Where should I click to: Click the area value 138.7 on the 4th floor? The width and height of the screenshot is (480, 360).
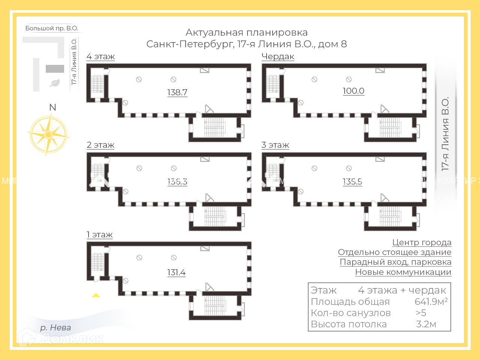point(177,92)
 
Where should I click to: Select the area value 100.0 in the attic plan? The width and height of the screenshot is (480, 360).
point(353,91)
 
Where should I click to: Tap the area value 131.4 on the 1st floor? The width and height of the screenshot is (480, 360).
point(176,273)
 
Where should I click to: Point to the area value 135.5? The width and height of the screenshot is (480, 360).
point(352,181)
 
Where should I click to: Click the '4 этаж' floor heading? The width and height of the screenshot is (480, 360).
point(100,57)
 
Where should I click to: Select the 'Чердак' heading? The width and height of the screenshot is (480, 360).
point(278,57)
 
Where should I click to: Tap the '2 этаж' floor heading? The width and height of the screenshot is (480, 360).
point(100,145)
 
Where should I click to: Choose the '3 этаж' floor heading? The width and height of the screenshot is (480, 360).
point(275,145)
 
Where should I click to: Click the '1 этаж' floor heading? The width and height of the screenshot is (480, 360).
point(100,235)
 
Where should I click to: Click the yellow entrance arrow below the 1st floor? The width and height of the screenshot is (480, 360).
point(96,295)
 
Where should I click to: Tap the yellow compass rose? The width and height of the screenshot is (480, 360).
point(48,134)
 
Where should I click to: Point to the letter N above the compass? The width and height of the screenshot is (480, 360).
point(52,108)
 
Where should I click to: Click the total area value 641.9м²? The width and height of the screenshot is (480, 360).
point(431,301)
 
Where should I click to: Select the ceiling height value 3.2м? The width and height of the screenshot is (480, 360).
point(426,324)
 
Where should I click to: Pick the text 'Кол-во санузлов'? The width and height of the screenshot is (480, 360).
point(351,313)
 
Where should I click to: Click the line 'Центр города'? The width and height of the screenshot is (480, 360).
point(421,243)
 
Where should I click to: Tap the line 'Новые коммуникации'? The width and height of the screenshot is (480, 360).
point(403,272)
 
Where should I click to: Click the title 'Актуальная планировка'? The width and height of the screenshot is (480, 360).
point(246,33)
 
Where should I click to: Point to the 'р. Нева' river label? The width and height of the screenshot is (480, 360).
point(55,327)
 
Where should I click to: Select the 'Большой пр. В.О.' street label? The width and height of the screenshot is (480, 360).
point(52,28)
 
